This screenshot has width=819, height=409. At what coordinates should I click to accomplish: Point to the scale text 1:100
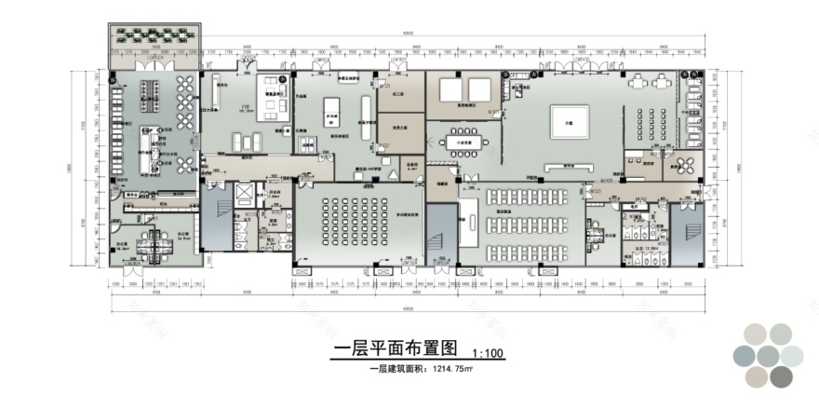[488, 354]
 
